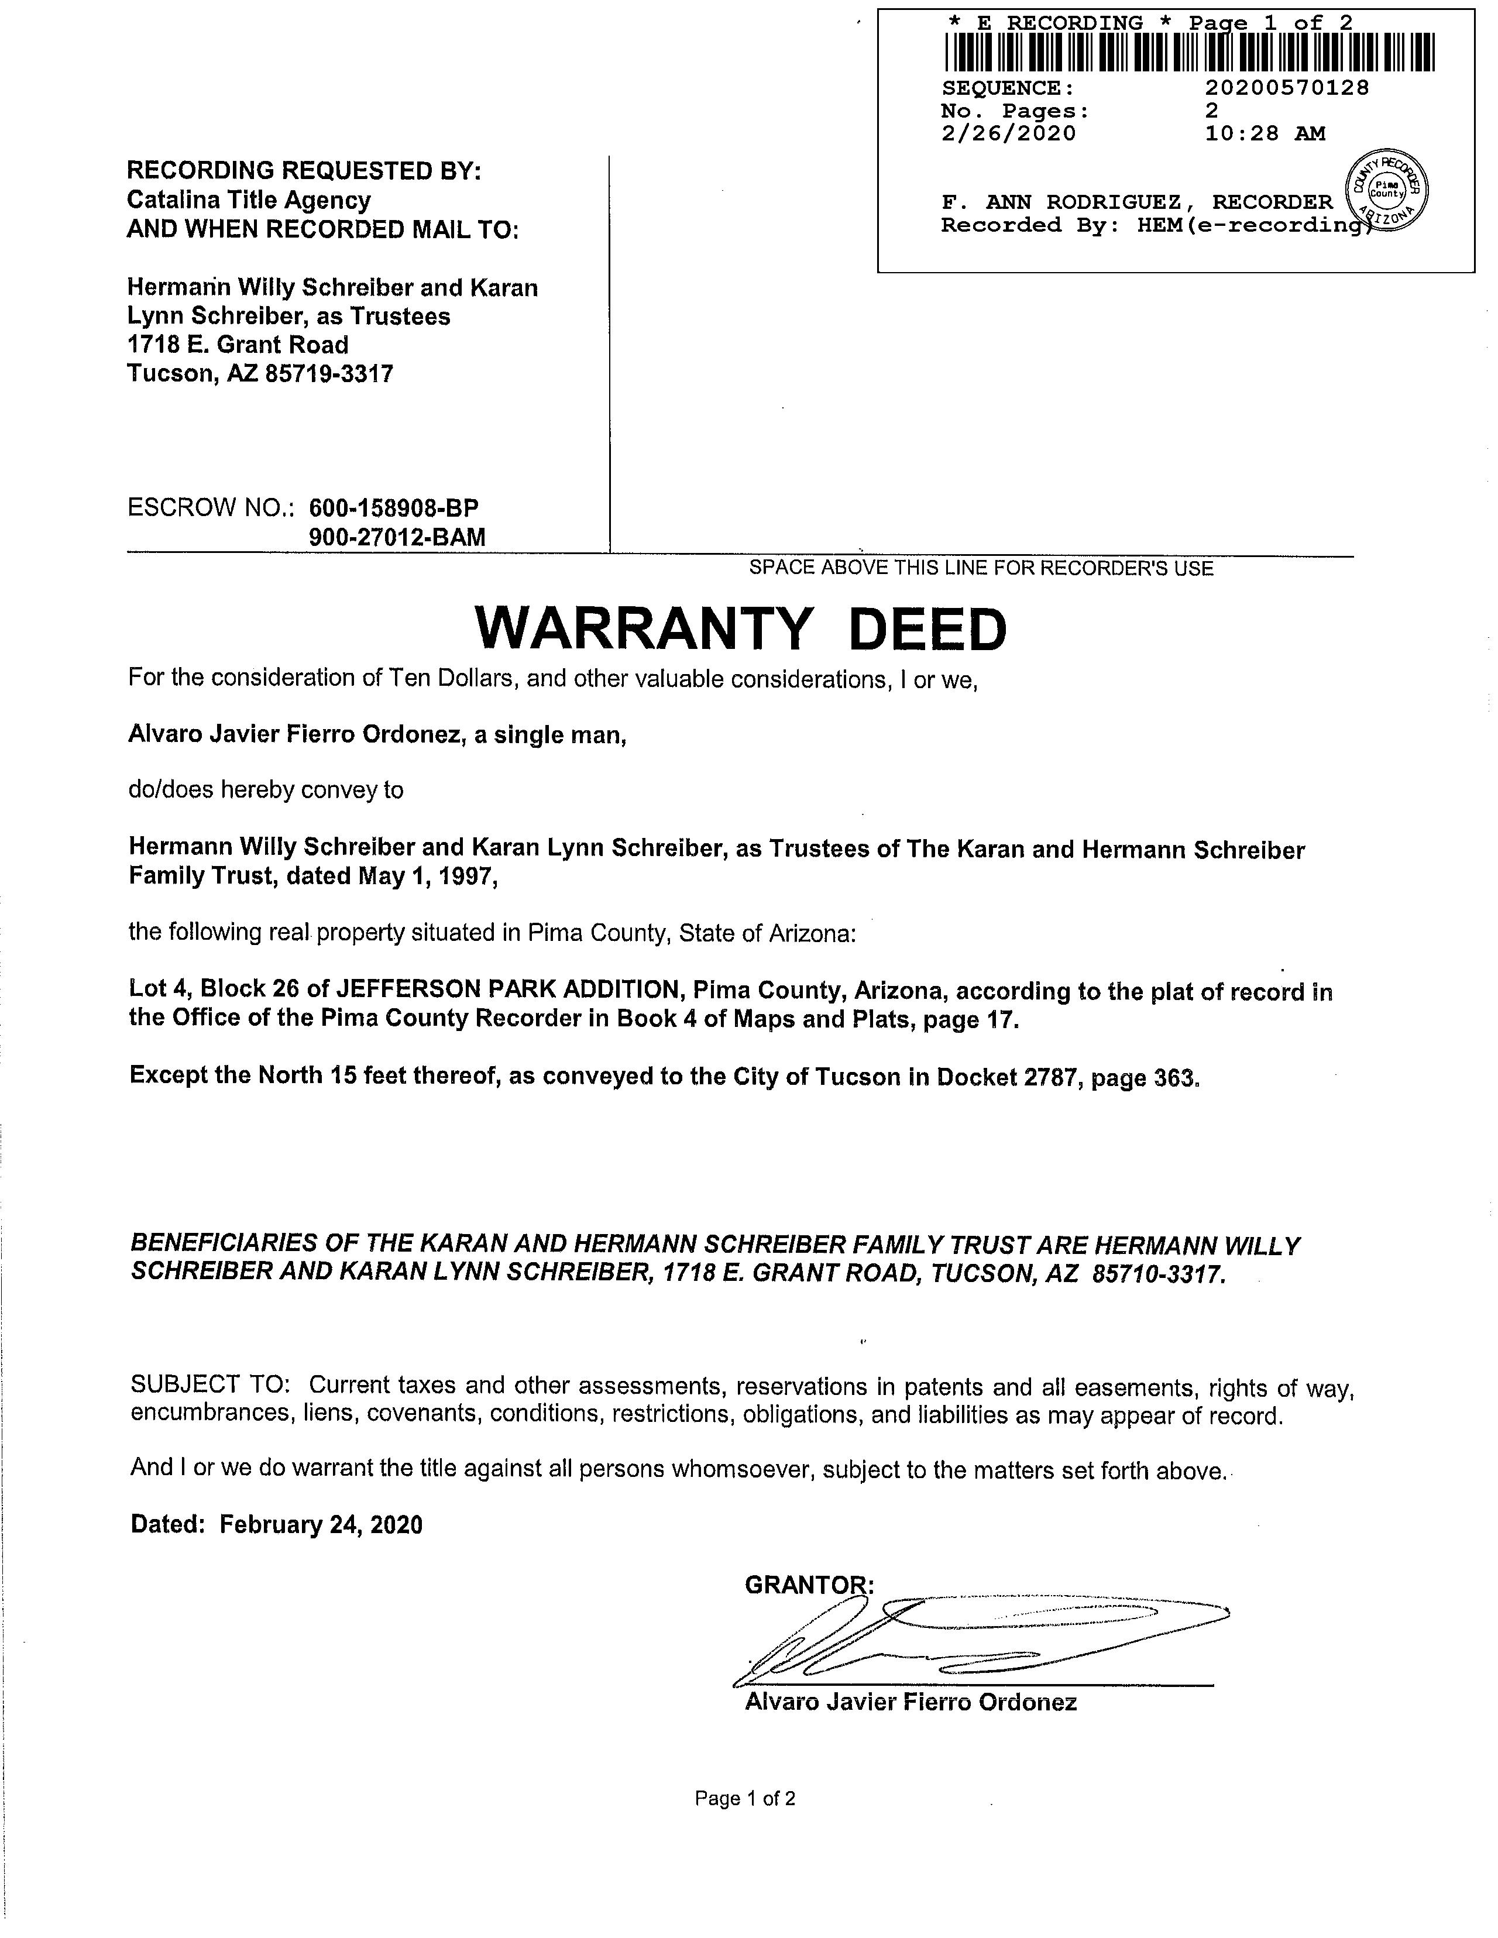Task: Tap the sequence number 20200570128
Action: pyautogui.click(x=1287, y=88)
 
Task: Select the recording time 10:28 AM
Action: pyautogui.click(x=1265, y=134)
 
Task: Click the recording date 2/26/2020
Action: pyautogui.click(x=1008, y=134)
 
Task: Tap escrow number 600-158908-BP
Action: pyautogui.click(x=393, y=508)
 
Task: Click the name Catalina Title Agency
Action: pyautogui.click(x=249, y=201)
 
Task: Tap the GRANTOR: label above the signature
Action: pyautogui.click(x=809, y=1585)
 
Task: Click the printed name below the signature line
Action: pyautogui.click(x=911, y=1702)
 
